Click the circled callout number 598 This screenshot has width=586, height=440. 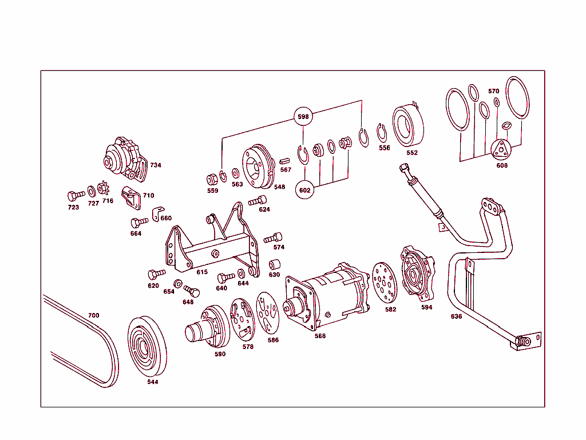[x=303, y=117]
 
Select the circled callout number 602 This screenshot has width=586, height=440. [x=306, y=191]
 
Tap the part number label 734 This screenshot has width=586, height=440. [x=156, y=165]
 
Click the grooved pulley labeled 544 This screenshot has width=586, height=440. [x=146, y=347]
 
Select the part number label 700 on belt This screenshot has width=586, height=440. [x=93, y=316]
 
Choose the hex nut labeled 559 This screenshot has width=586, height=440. [x=211, y=177]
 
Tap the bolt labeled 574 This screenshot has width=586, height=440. [x=273, y=237]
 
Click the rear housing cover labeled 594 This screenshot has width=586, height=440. [x=418, y=275]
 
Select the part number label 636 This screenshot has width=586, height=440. [x=456, y=316]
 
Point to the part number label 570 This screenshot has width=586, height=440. [x=494, y=92]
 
